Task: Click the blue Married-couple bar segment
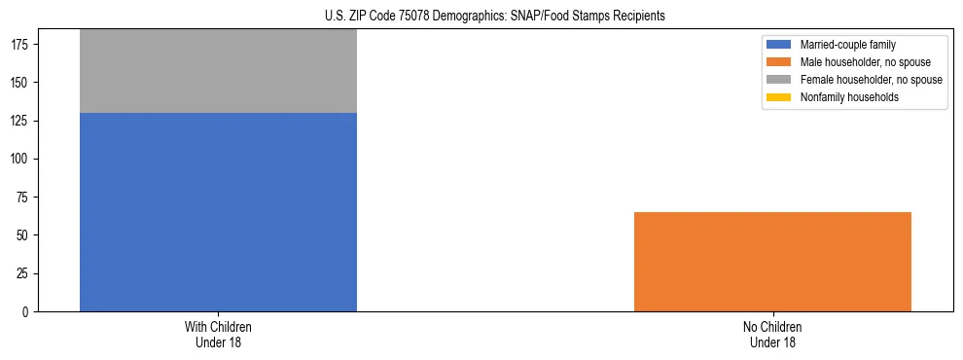(218, 212)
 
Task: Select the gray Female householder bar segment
(218, 71)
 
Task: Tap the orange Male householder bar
(772, 262)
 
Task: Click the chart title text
(495, 17)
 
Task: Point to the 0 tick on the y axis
(27, 312)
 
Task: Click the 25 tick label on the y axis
(24, 273)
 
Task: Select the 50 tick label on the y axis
(24, 235)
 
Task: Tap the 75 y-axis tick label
(24, 198)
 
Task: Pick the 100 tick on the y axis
(21, 159)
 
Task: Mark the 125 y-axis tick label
(21, 121)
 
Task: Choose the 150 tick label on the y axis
(21, 83)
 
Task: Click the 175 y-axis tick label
(21, 45)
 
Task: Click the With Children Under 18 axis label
(218, 334)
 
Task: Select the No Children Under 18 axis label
(772, 334)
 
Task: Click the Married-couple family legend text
(847, 45)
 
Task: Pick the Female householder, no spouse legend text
(871, 80)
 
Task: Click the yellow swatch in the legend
(779, 97)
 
